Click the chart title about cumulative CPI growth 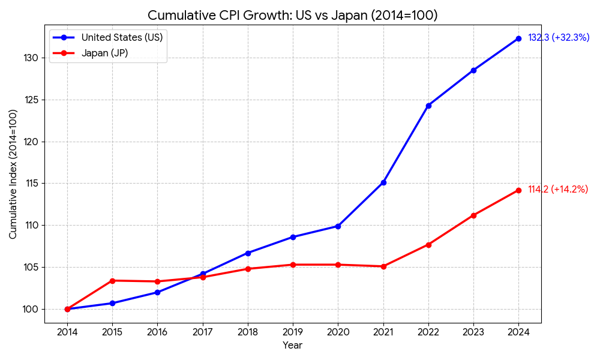point(293,16)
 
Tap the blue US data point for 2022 point(428,106)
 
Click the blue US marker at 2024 point(518,38)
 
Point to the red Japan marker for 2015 point(112,281)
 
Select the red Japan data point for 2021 point(383,266)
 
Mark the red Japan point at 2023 point(473,215)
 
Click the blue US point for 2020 point(338,226)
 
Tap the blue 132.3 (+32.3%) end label point(559,38)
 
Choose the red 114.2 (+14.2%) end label point(558,190)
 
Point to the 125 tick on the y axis point(31,100)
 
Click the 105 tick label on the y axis point(31,267)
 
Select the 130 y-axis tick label point(31,58)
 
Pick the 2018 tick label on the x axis point(248,332)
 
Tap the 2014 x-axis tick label point(67,332)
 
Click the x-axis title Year point(293,346)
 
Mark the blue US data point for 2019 point(293,237)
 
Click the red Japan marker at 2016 point(157,281)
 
